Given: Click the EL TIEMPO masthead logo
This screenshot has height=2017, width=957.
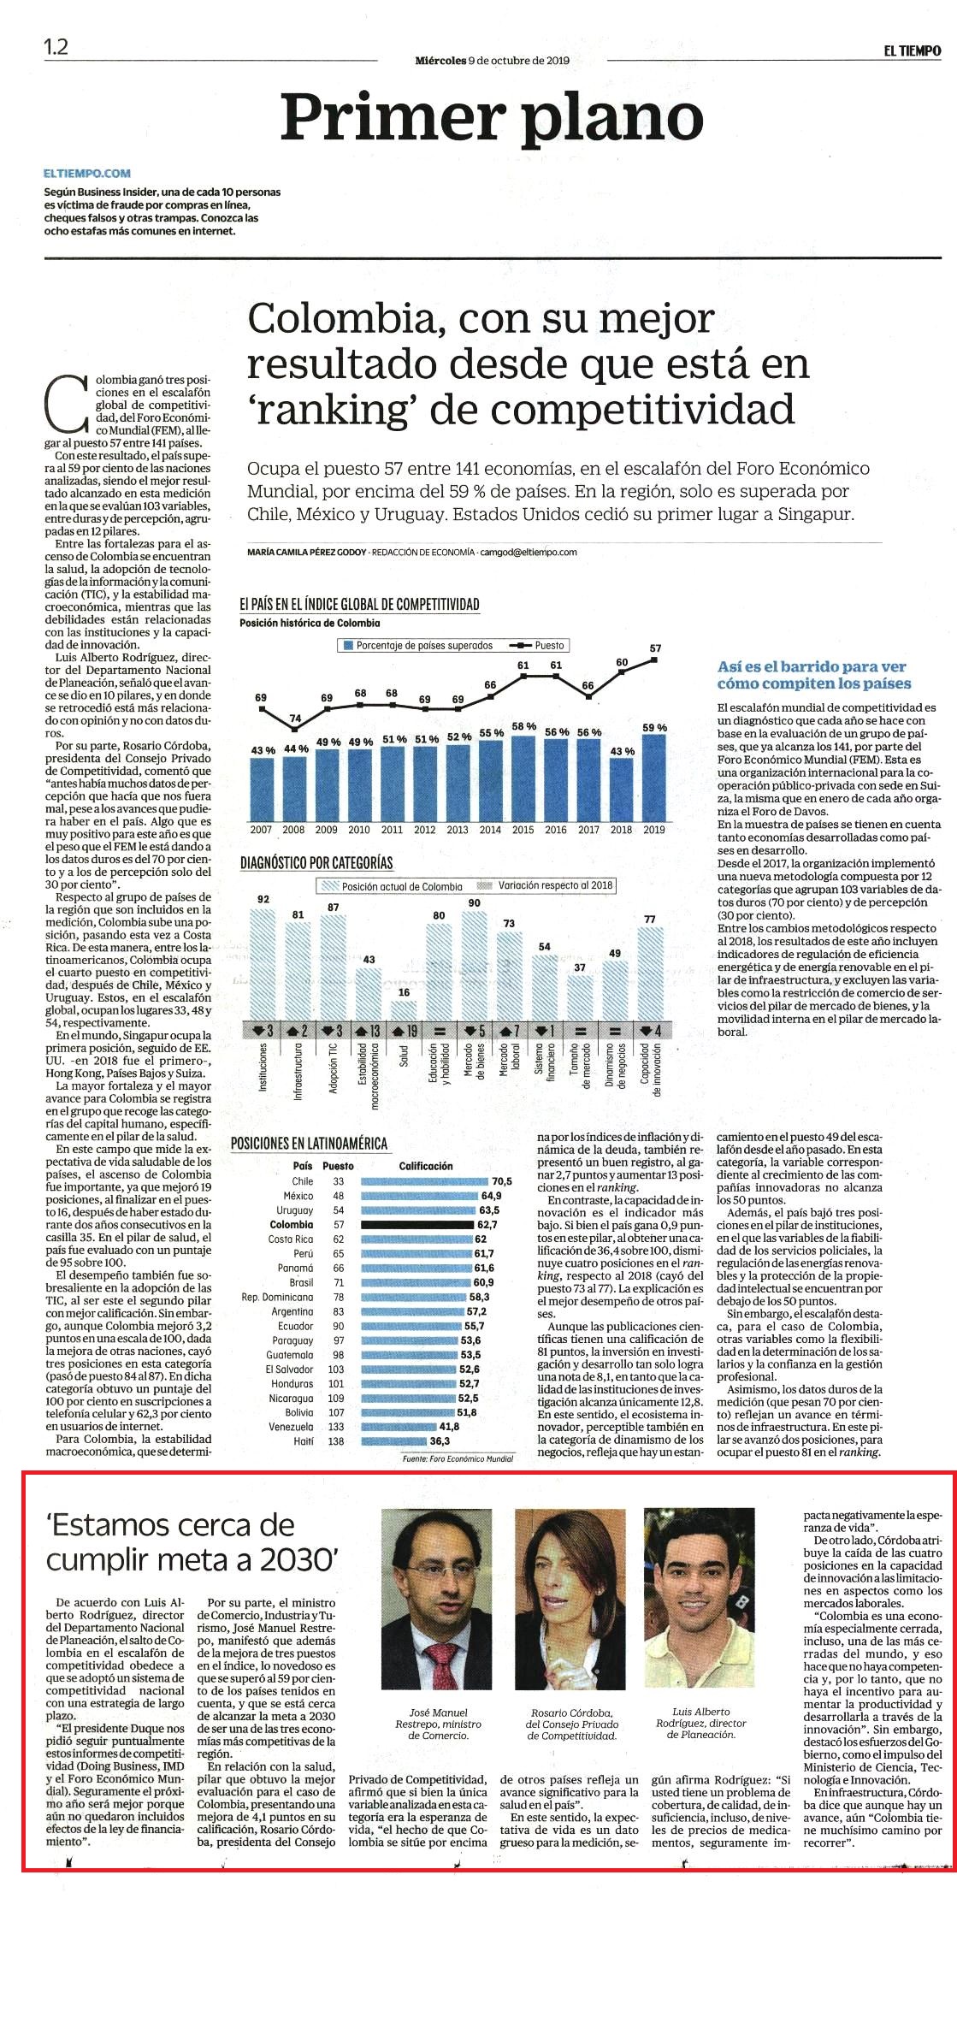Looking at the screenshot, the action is pos(913,51).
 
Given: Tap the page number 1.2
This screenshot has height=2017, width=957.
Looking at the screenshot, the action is pos(56,48).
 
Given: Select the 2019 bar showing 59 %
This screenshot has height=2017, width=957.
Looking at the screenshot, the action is pos(654,777).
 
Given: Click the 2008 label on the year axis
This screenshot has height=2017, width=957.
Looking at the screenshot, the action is pos(293,830).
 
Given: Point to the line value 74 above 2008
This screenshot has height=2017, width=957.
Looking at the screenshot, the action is pos(295,718).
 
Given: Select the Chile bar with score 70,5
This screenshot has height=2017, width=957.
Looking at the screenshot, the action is pos(424,1181).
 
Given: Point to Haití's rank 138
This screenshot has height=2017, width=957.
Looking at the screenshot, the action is pos(336,1441).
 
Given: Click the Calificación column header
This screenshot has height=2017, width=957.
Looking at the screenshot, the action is pos(426,1166).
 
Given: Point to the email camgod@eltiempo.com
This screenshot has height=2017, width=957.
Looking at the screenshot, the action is pos(529,553).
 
